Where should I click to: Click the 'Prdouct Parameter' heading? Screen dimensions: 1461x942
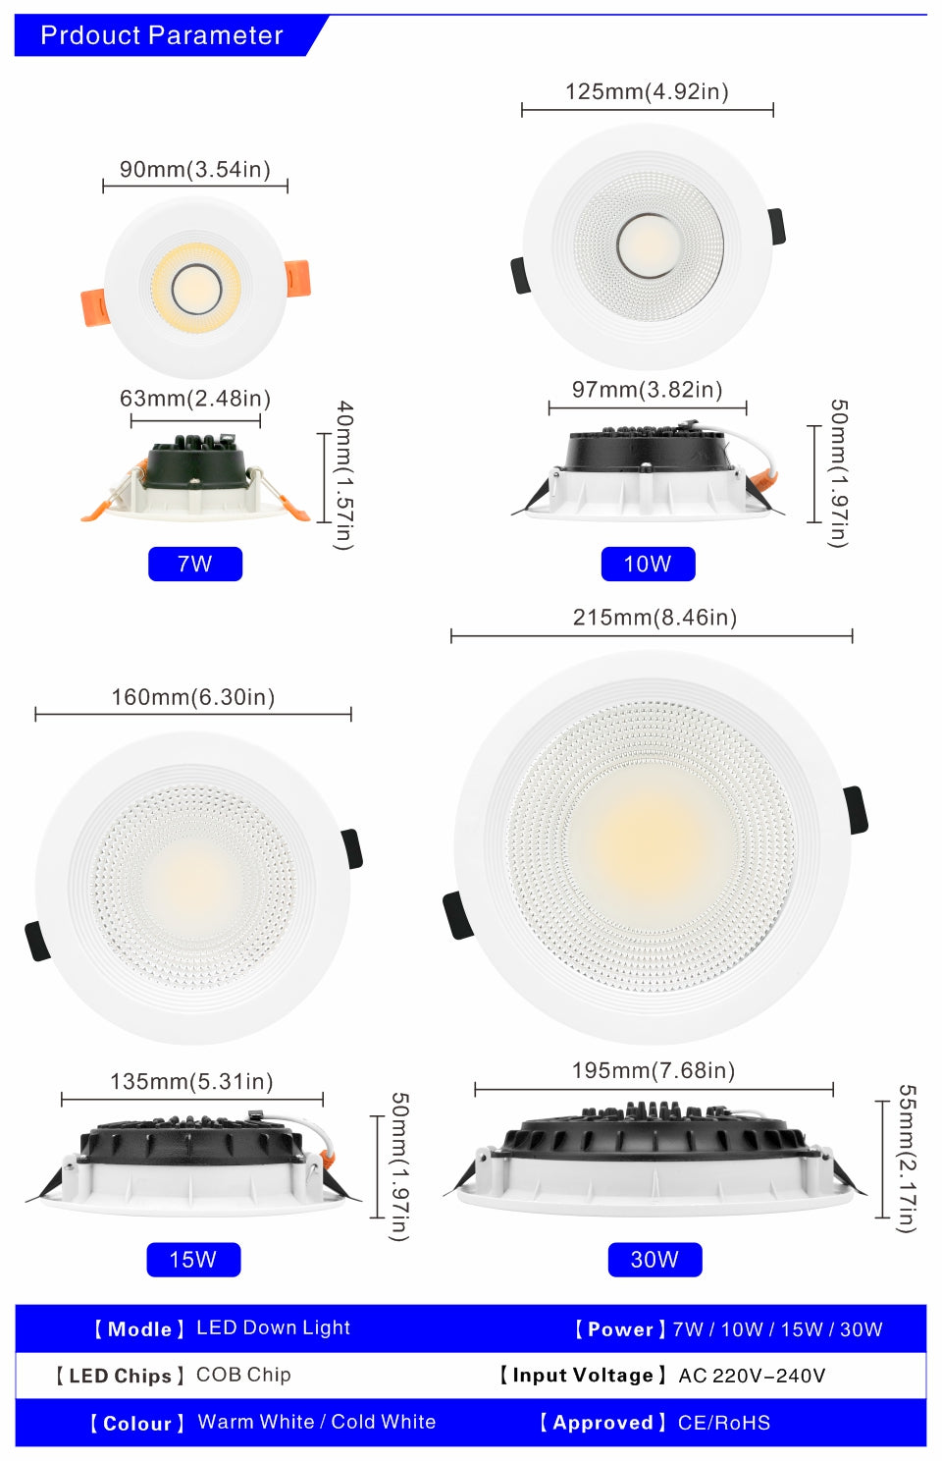click(162, 35)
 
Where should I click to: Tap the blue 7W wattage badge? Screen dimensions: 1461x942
click(194, 564)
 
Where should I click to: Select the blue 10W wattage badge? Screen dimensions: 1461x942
click(648, 564)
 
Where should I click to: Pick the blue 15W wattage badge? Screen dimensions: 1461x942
click(192, 1259)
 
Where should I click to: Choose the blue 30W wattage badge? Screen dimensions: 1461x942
click(654, 1259)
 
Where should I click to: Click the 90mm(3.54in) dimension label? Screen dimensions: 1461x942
click(194, 169)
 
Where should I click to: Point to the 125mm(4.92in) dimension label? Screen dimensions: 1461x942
click(647, 91)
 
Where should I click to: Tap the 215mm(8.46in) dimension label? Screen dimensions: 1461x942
click(654, 617)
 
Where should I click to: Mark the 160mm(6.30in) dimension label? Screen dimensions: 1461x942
click(192, 697)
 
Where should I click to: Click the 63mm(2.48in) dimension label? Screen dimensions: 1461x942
click(194, 398)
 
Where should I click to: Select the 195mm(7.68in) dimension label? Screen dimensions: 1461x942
click(654, 1070)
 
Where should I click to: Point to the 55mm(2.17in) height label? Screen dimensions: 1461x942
click(907, 1158)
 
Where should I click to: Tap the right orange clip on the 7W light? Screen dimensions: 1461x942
click(297, 278)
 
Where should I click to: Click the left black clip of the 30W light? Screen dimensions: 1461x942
click(457, 915)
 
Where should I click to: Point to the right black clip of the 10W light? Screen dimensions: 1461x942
click(777, 226)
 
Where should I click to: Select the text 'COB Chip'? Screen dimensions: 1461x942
click(243, 1375)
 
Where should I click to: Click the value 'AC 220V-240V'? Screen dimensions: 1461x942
click(752, 1376)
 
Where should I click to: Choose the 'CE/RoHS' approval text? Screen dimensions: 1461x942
click(724, 1423)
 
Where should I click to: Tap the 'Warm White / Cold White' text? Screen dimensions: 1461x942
click(316, 1422)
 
